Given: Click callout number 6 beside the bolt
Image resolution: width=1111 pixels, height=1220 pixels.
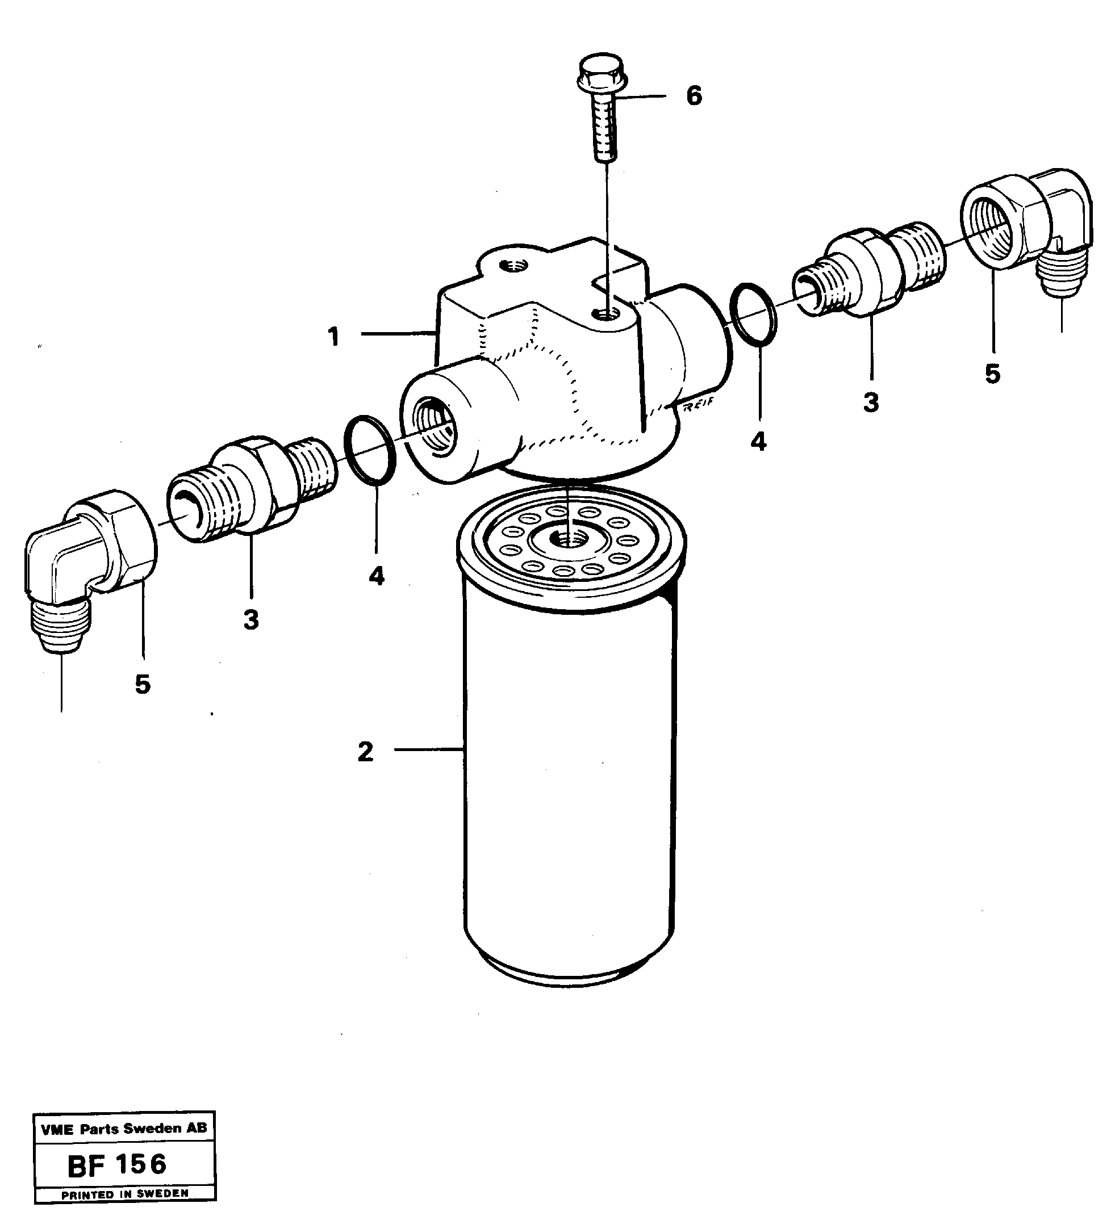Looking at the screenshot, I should click(x=694, y=95).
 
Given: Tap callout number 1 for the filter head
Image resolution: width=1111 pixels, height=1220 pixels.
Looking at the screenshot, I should click(x=333, y=337).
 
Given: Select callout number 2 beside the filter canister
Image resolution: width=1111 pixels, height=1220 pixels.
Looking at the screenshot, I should click(x=365, y=752).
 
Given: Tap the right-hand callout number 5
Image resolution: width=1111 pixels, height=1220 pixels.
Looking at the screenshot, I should click(x=992, y=374).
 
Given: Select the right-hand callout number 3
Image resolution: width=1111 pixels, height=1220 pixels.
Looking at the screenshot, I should click(x=871, y=402).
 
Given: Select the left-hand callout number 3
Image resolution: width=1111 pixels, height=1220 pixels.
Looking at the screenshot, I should click(x=250, y=619).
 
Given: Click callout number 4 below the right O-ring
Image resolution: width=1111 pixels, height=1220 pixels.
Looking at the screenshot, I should click(x=758, y=442).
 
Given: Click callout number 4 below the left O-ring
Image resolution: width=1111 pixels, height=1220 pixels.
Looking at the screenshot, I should click(x=376, y=576).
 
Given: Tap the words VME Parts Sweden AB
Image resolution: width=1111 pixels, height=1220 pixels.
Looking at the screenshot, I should click(x=124, y=1128).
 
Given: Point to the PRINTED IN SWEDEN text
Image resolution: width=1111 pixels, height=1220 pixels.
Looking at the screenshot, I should click(x=125, y=1194).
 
